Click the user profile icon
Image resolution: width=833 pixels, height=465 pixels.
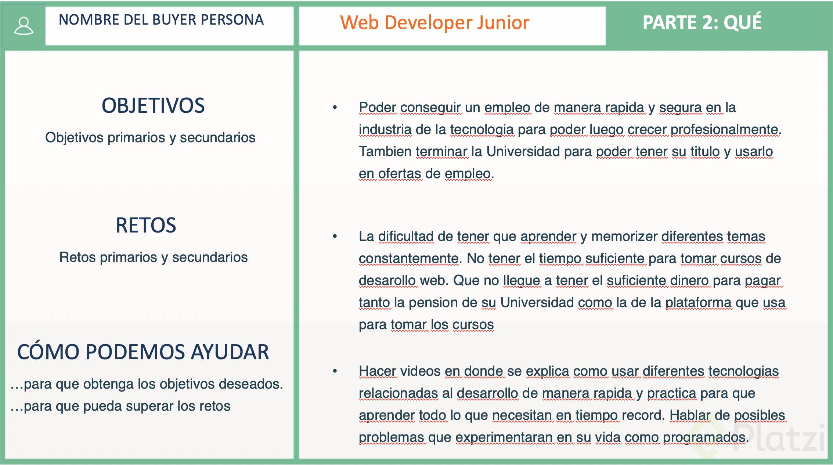coord(24,26)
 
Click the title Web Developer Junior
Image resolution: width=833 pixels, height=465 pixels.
coord(434,22)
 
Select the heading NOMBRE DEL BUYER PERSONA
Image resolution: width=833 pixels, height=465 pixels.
coord(161,19)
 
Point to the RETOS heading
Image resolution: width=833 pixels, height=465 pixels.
coord(146,225)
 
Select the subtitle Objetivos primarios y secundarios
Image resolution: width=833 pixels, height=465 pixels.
coord(150,137)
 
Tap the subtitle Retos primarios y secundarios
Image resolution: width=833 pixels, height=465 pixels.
coord(154,257)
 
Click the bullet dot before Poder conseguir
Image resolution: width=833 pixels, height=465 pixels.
coord(335,107)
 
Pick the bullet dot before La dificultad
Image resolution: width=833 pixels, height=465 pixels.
coord(335,236)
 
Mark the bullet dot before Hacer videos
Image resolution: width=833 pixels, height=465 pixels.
coord(335,371)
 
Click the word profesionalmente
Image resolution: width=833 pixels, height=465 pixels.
coord(724,130)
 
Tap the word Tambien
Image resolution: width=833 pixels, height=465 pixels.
coord(385,151)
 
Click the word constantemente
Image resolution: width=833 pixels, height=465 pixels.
coord(408,259)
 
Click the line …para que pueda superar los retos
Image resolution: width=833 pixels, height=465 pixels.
coord(120,406)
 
